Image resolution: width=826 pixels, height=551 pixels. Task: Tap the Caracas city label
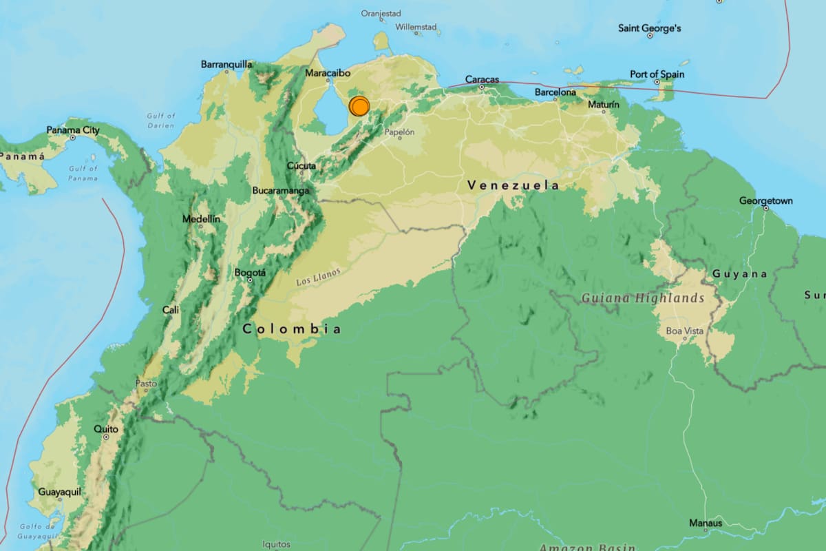pyautogui.click(x=482, y=79)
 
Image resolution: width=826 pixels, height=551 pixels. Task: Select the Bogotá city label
pyautogui.click(x=250, y=273)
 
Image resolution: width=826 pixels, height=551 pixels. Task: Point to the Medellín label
pyautogui.click(x=201, y=218)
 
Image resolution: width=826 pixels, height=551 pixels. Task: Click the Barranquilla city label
pyautogui.click(x=226, y=64)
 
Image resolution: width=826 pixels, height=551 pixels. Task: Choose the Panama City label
pyautogui.click(x=73, y=130)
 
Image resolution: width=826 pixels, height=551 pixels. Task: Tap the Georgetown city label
pyautogui.click(x=765, y=201)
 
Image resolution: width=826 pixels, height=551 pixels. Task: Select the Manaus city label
pyautogui.click(x=706, y=523)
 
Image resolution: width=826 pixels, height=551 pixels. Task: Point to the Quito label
pyautogui.click(x=106, y=429)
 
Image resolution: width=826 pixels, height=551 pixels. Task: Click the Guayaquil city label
pyautogui.click(x=60, y=492)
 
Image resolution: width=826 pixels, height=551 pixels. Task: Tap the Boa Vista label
pyautogui.click(x=685, y=331)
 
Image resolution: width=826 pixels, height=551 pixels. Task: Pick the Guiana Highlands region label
pyautogui.click(x=642, y=298)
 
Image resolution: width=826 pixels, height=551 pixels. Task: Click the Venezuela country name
pyautogui.click(x=513, y=185)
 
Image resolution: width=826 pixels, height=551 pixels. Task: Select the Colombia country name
pyautogui.click(x=291, y=329)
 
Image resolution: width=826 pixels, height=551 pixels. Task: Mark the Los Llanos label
pyautogui.click(x=318, y=277)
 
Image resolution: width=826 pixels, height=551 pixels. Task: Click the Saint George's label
pyautogui.click(x=649, y=28)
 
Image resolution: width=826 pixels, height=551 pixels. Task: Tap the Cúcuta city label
pyautogui.click(x=301, y=165)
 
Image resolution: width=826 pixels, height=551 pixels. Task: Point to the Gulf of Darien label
pyautogui.click(x=161, y=121)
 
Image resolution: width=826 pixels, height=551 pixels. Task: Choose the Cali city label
pyautogui.click(x=171, y=310)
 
